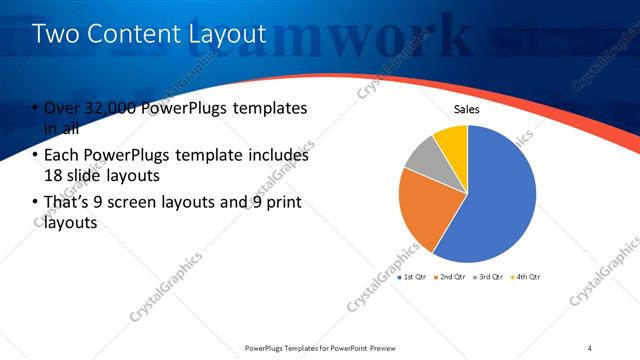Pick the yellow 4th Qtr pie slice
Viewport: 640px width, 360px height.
click(452, 140)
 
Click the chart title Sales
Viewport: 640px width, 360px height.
click(467, 109)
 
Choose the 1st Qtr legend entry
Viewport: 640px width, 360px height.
click(413, 276)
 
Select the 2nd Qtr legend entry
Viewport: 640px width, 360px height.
click(450, 276)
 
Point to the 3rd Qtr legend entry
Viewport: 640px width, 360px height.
click(487, 276)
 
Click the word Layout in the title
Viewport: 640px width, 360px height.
click(228, 34)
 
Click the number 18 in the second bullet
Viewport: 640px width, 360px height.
click(53, 175)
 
